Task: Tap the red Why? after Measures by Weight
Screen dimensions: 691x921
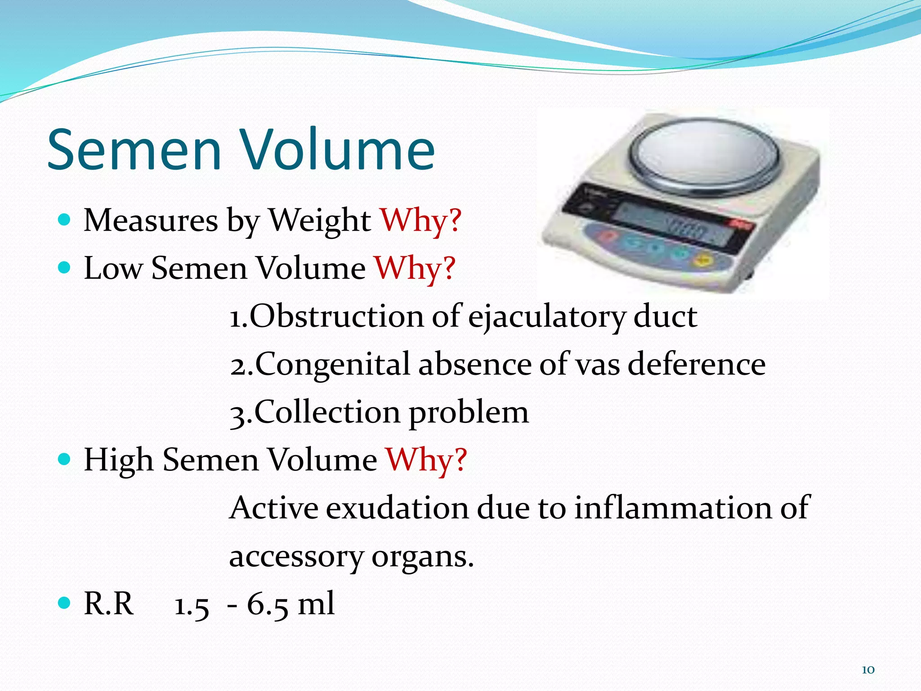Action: click(x=421, y=220)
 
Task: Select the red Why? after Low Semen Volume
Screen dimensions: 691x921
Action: click(x=415, y=268)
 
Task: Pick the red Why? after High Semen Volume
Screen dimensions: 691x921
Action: click(x=426, y=460)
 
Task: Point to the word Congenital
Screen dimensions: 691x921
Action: click(x=332, y=364)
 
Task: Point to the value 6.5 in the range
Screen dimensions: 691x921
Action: click(x=267, y=604)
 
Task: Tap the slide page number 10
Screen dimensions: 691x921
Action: click(x=868, y=670)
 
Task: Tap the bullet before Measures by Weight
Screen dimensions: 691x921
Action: click(x=65, y=220)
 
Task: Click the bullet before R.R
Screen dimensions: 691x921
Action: click(x=65, y=602)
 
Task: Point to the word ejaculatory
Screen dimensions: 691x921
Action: click(x=546, y=317)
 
